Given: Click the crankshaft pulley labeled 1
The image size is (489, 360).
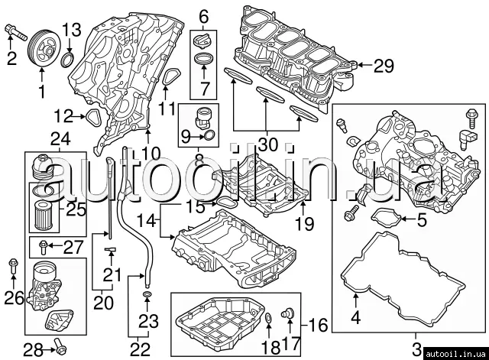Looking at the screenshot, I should point(40,51).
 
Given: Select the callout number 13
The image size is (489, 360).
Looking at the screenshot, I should point(70,30).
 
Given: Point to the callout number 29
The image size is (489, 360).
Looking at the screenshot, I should point(383,66).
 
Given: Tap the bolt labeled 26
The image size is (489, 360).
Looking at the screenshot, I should point(12,267).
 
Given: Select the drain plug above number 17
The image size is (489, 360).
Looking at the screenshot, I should point(289,313).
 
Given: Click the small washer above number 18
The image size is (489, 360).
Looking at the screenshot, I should point(269,318).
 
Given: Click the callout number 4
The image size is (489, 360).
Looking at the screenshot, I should point(354,313).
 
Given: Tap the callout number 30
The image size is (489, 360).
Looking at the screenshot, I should point(266,144).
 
